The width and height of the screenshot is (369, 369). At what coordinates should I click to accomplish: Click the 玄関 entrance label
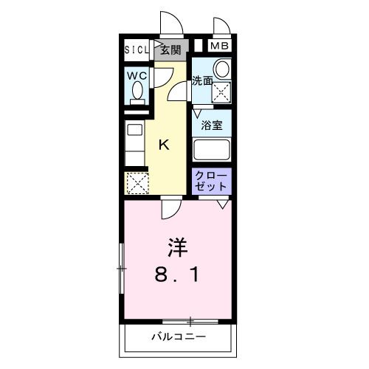tap(170, 50)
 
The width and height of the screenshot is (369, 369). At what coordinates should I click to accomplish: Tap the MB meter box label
tap(219, 46)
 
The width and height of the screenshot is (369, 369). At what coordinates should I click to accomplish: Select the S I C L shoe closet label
tap(136, 50)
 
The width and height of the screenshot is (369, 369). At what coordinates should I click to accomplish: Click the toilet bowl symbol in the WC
tap(137, 92)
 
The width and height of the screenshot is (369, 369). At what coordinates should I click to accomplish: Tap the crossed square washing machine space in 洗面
tap(221, 92)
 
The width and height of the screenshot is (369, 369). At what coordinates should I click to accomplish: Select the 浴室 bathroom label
tap(213, 125)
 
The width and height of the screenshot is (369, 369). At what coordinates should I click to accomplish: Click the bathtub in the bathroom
tap(212, 149)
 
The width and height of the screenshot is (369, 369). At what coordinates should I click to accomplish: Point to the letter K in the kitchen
tap(165, 145)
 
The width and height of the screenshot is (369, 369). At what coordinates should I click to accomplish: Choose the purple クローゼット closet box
tap(213, 182)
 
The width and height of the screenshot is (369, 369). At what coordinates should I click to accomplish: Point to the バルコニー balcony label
tap(179, 337)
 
